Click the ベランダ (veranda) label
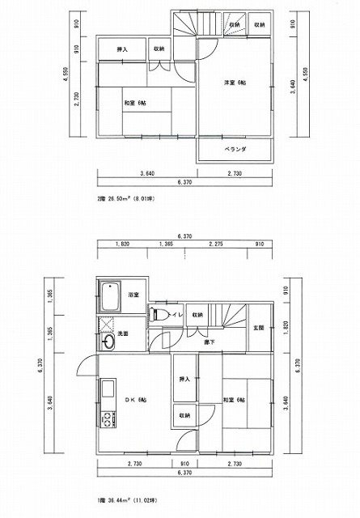point(235,151)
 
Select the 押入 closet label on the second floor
point(123,49)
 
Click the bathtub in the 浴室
point(109,297)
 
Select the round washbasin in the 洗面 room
point(109,342)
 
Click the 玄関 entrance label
point(259,327)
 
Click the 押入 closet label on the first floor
point(184,379)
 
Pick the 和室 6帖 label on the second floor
point(135,103)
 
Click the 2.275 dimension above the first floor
point(216,244)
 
